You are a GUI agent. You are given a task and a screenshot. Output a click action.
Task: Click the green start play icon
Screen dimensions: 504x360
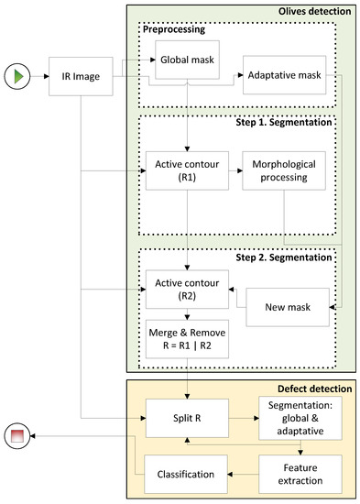click(20, 71)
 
